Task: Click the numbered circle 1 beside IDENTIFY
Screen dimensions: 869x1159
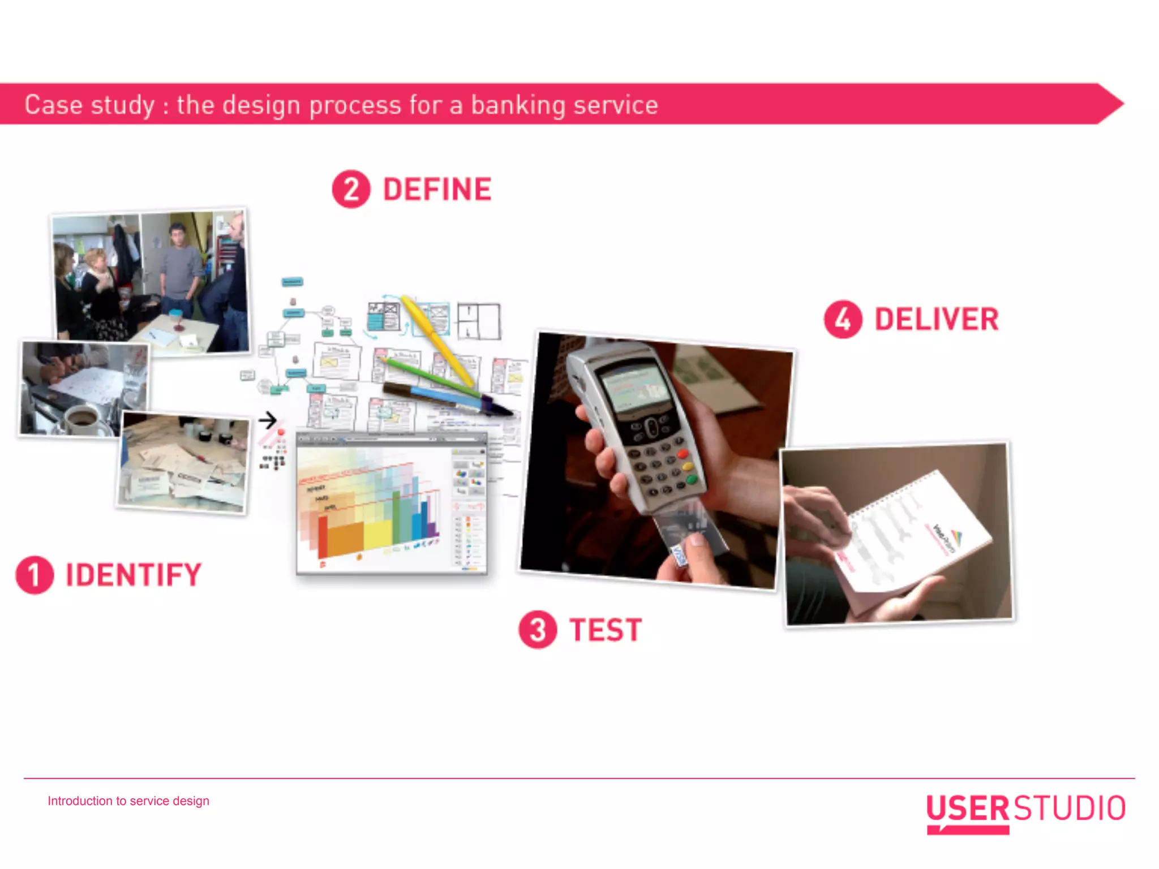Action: point(35,575)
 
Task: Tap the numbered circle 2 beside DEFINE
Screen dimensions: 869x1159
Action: point(351,189)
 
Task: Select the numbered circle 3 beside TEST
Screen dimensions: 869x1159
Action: point(538,629)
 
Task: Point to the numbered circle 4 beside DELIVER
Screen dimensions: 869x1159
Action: point(843,319)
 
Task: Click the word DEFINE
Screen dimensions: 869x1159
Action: point(437,189)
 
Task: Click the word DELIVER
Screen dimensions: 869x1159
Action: point(937,319)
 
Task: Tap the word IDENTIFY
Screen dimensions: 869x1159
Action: point(134,575)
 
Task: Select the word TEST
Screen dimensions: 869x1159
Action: point(606,630)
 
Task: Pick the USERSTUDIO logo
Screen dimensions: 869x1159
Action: point(1025,810)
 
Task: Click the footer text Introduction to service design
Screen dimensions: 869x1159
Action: point(128,801)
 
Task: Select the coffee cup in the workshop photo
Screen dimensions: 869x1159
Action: point(82,419)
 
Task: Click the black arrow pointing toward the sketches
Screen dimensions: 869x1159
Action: point(267,420)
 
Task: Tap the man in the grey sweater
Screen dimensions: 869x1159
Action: point(180,266)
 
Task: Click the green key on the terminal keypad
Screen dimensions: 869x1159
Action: point(692,480)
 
